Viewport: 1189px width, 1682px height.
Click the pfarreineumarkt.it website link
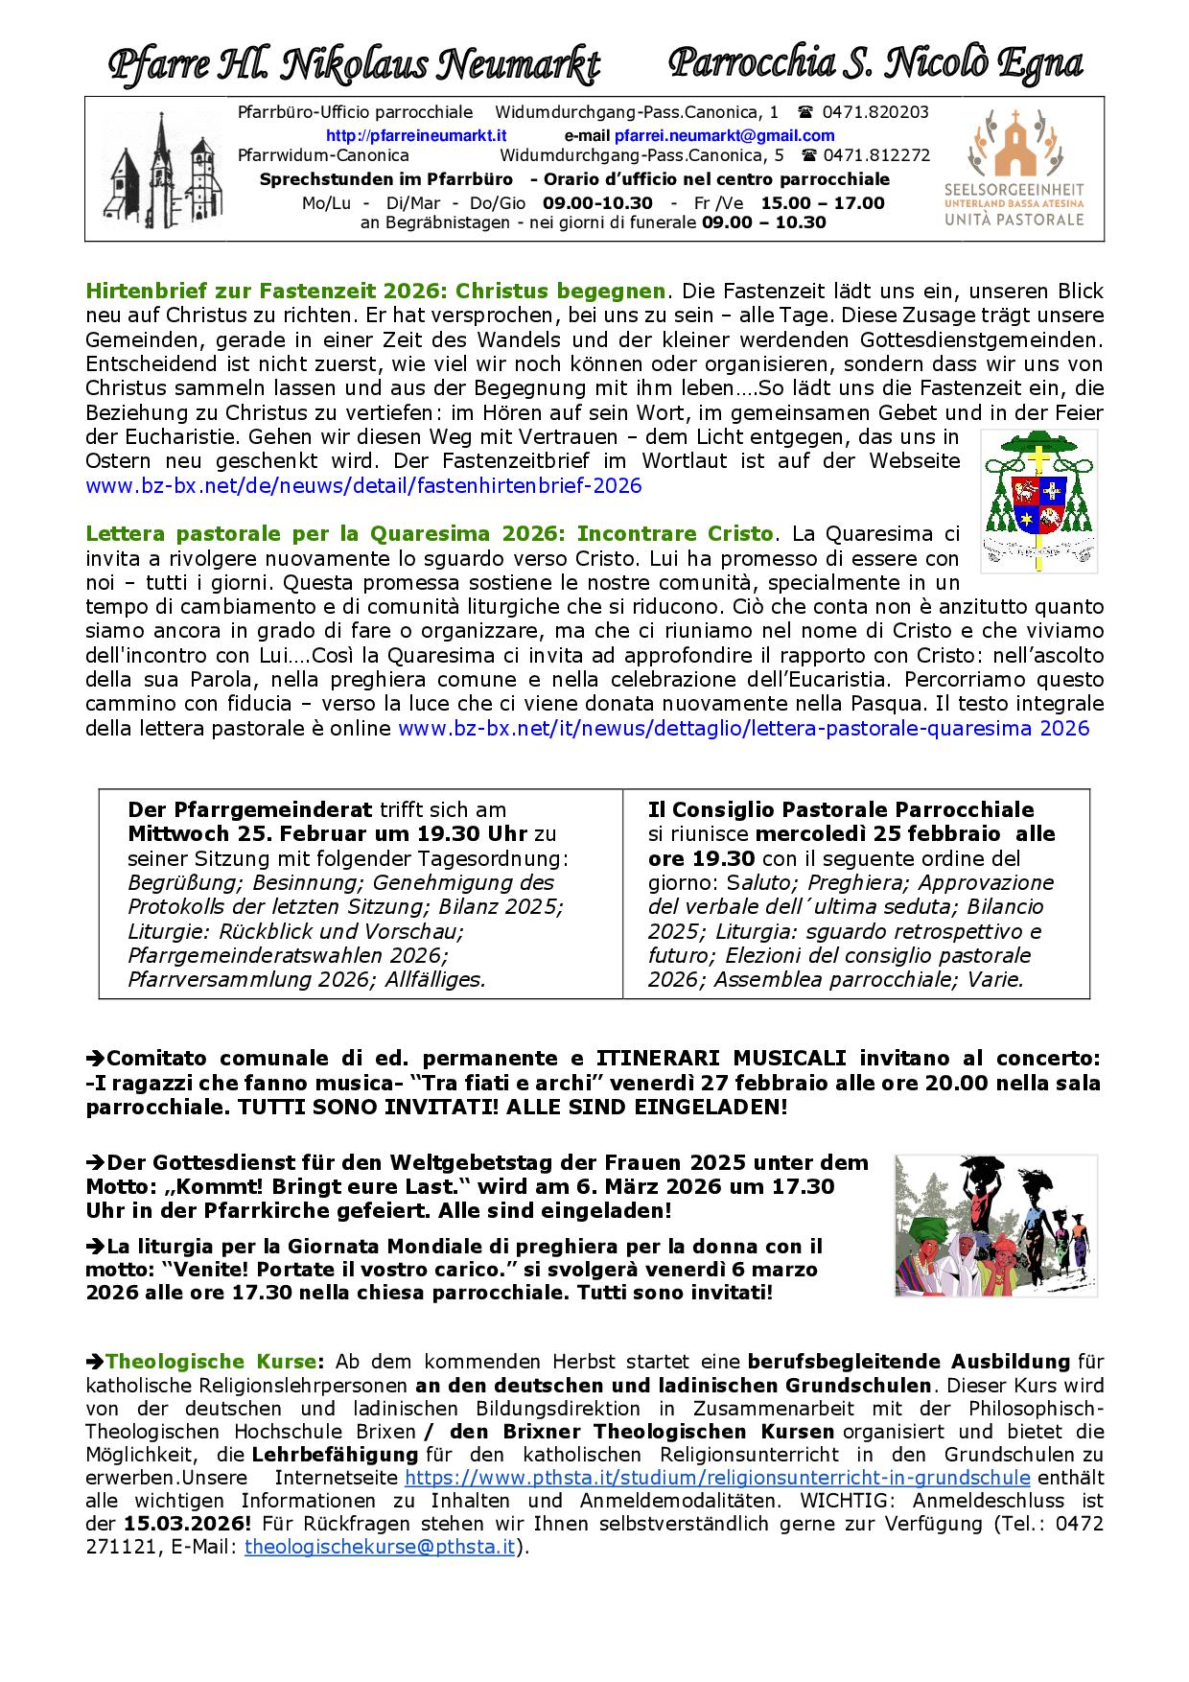416,136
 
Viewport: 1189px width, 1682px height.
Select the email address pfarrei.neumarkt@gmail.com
724,136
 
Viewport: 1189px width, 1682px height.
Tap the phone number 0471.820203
874,112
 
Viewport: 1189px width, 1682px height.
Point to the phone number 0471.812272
876,155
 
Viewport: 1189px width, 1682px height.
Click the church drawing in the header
165,170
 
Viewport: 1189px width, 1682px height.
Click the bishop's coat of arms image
1038,501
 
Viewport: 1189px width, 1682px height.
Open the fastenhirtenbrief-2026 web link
363,485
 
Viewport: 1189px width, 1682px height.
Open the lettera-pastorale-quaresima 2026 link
743,728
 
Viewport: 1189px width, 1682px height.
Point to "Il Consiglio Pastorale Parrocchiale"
841,809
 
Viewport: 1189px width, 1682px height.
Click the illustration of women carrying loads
995,1225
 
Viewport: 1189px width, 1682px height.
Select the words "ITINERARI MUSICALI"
721,1058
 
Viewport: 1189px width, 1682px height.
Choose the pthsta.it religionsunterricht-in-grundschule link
717,1478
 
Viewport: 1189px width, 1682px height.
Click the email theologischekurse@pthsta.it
380,1547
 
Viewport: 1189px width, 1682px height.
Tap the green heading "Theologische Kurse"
211,1362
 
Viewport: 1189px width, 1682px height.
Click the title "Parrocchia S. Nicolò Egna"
874,64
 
